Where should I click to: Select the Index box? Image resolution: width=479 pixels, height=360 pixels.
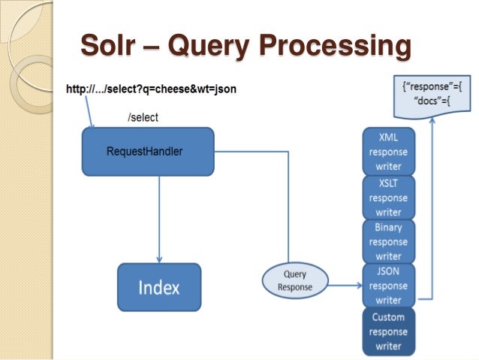tap(159, 288)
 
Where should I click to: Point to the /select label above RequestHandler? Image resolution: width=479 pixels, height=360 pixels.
tap(143, 118)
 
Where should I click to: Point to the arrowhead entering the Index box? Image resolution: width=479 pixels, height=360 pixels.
tap(159, 258)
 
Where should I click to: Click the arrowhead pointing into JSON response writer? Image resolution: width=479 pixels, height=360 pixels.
tap(357, 286)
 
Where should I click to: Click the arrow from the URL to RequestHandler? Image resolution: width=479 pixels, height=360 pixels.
tap(89, 113)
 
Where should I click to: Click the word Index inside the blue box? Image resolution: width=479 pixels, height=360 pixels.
tap(159, 288)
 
